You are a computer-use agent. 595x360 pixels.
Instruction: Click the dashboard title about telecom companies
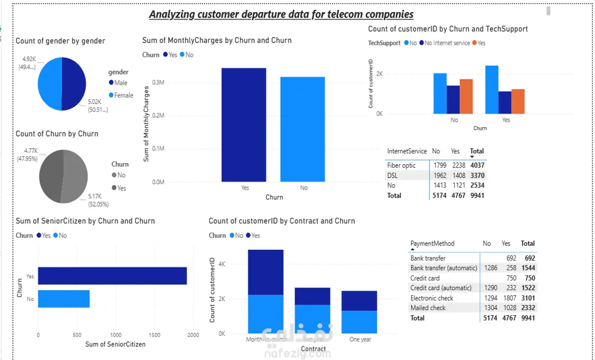point(281,14)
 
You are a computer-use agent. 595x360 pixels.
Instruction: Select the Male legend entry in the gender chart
point(121,83)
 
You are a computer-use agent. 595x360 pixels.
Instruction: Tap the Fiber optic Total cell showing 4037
point(477,166)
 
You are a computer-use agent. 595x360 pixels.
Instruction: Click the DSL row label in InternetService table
point(393,175)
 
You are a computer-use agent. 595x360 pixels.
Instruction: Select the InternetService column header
point(407,151)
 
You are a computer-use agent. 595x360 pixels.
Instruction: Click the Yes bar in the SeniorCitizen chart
point(112,276)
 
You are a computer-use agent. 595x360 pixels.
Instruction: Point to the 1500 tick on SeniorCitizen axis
point(154,335)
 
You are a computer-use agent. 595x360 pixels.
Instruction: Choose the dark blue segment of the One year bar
point(359,301)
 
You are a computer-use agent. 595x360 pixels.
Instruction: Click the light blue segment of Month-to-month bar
point(265,314)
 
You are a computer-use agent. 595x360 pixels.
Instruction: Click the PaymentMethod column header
point(432,244)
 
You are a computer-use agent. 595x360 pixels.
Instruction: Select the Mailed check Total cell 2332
point(527,308)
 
